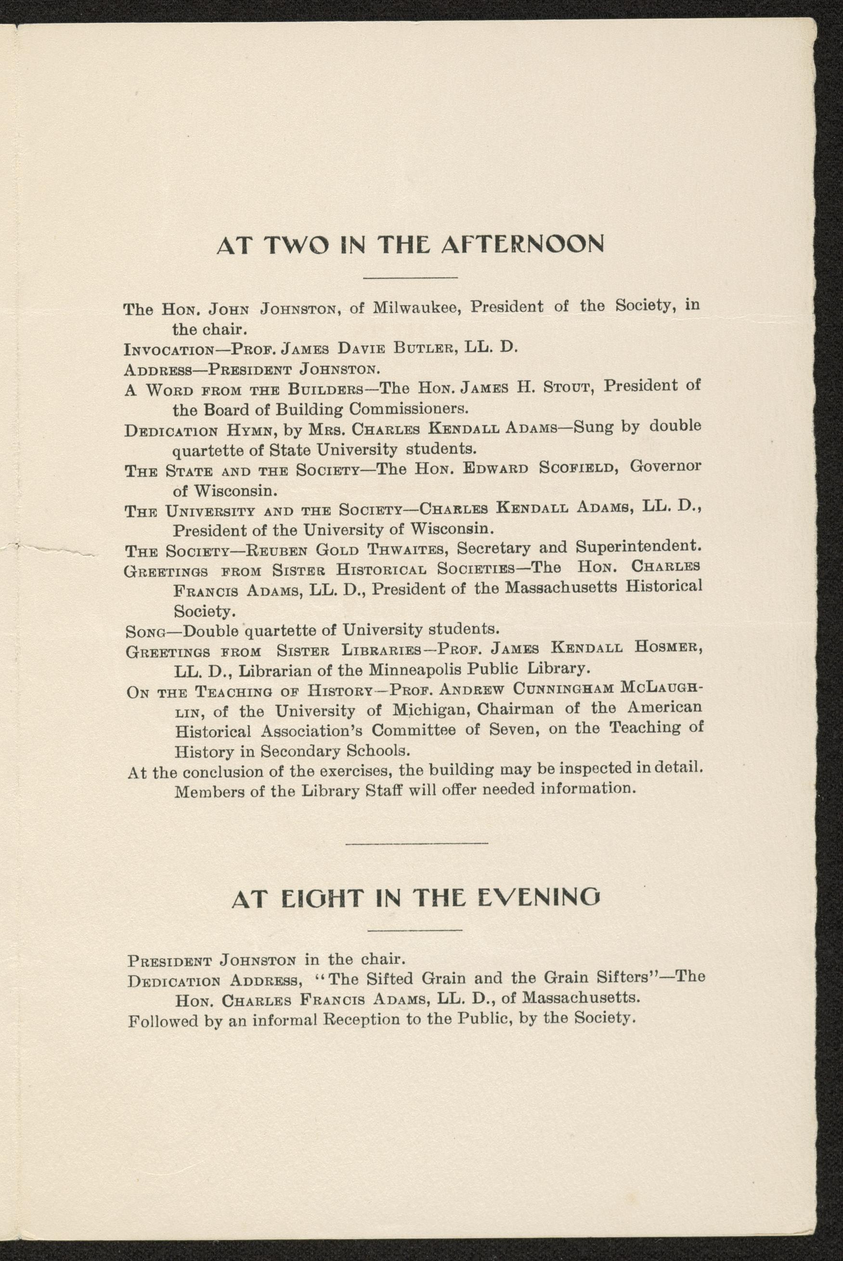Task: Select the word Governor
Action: (x=665, y=466)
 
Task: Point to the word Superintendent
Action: (x=638, y=547)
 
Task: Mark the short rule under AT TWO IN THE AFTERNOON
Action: (x=411, y=277)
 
